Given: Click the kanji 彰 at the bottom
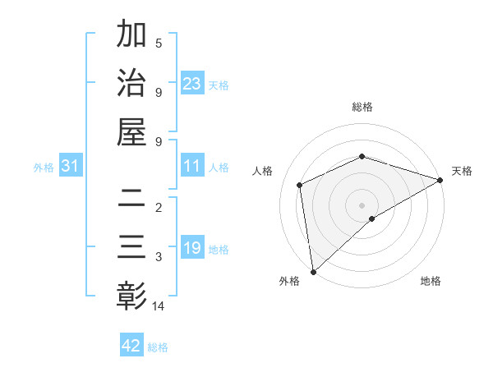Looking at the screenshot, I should pos(131,294).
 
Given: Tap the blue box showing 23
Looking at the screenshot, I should pos(191,84).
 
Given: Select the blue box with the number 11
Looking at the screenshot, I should pos(191,166).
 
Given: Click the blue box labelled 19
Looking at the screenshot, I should pos(191,248).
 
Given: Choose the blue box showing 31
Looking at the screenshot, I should pos(71,166).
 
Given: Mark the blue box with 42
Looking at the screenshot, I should pos(131,346).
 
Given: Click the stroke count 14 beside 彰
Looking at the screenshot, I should pos(159,306).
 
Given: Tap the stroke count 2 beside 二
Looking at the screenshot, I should pos(159,207).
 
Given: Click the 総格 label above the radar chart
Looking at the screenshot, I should pos(362,107).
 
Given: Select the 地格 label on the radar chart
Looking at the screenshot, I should pos(431,281).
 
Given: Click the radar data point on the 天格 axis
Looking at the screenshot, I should pos(440,180).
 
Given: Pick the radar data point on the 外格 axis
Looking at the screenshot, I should pos(313,271).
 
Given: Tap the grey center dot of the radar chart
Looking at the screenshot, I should pos(362,204).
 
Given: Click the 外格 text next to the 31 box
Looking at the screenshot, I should pos(44,167).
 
